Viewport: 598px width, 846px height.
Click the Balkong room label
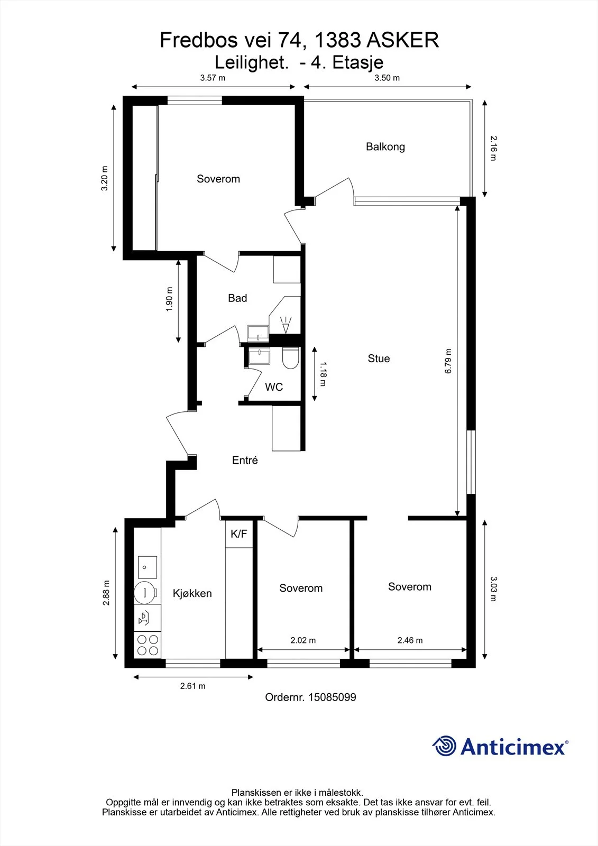tap(385, 147)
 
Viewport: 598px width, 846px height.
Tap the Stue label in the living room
tap(379, 358)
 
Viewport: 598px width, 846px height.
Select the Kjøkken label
tap(192, 593)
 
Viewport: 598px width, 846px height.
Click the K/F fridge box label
tap(239, 534)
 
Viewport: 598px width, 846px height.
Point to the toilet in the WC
tap(290, 357)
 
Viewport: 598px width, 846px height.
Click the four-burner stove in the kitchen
tap(148, 645)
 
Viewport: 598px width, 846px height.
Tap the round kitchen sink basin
tap(145, 593)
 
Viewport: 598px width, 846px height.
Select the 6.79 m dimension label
tap(448, 361)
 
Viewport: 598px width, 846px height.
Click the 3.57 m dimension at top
tap(213, 78)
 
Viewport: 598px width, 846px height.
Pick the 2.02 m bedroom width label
tap(303, 640)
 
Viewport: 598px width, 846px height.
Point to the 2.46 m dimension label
tap(410, 640)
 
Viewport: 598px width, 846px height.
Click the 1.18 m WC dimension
tap(323, 374)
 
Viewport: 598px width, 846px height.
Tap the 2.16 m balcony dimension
tap(494, 149)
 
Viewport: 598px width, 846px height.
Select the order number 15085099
tap(333, 697)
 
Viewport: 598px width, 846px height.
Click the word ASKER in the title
tap(403, 40)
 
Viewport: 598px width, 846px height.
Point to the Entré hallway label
tap(245, 460)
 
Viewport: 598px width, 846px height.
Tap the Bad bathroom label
tap(237, 298)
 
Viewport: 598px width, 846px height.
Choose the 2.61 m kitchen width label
tap(192, 686)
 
